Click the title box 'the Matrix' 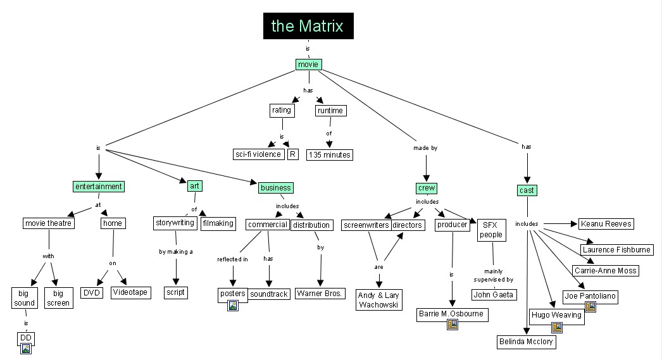308,26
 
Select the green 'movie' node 309,64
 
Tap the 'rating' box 282,110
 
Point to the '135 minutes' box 329,154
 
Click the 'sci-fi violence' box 258,154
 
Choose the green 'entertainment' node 99,187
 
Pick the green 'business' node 275,187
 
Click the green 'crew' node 427,188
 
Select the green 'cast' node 527,190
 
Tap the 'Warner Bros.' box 320,294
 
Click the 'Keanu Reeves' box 606,224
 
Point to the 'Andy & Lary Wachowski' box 378,300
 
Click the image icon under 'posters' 233,306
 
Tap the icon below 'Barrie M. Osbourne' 452,324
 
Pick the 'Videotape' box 130,292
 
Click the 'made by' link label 425,148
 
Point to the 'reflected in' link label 232,259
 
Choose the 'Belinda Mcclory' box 525,342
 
